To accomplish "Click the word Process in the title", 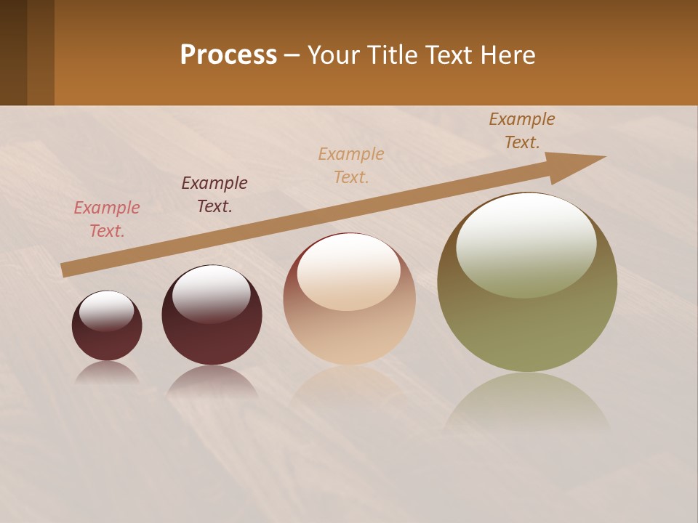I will tap(228, 55).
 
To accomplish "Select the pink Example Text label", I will tap(107, 219).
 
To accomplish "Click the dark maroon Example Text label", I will tap(214, 194).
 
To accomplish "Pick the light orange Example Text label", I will tap(351, 165).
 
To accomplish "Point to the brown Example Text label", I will tap(522, 131).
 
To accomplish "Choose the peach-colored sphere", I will tap(349, 327).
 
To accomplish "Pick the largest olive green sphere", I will tap(527, 327).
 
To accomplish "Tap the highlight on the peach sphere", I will tap(349, 270).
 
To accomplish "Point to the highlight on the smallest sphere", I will tap(107, 310).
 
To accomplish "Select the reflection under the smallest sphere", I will tap(107, 373).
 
